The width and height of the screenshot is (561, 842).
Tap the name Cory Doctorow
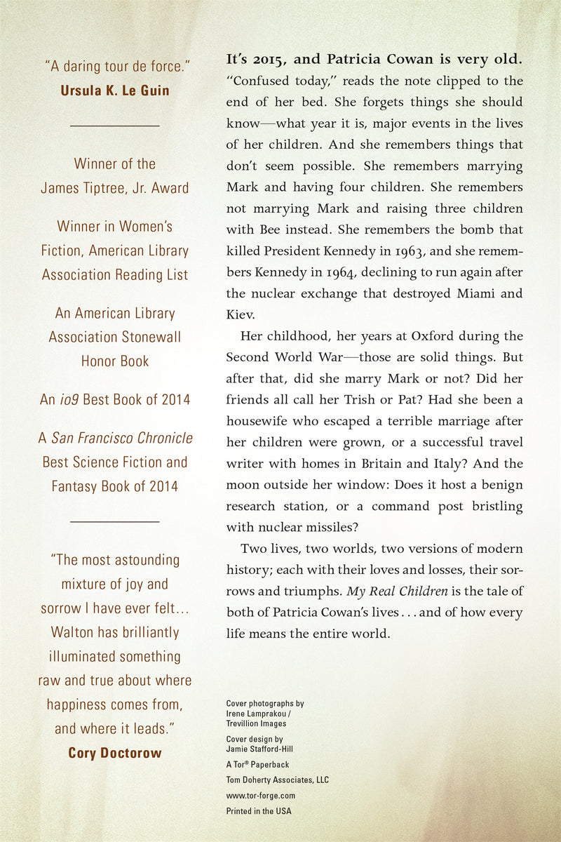point(115,753)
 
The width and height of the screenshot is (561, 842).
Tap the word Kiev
point(241,315)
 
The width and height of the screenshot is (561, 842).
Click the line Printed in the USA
point(259,811)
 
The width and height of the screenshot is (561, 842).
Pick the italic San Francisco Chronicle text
point(122,439)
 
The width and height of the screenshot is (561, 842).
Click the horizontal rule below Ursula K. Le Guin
point(115,126)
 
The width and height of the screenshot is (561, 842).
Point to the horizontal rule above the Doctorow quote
point(115,521)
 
